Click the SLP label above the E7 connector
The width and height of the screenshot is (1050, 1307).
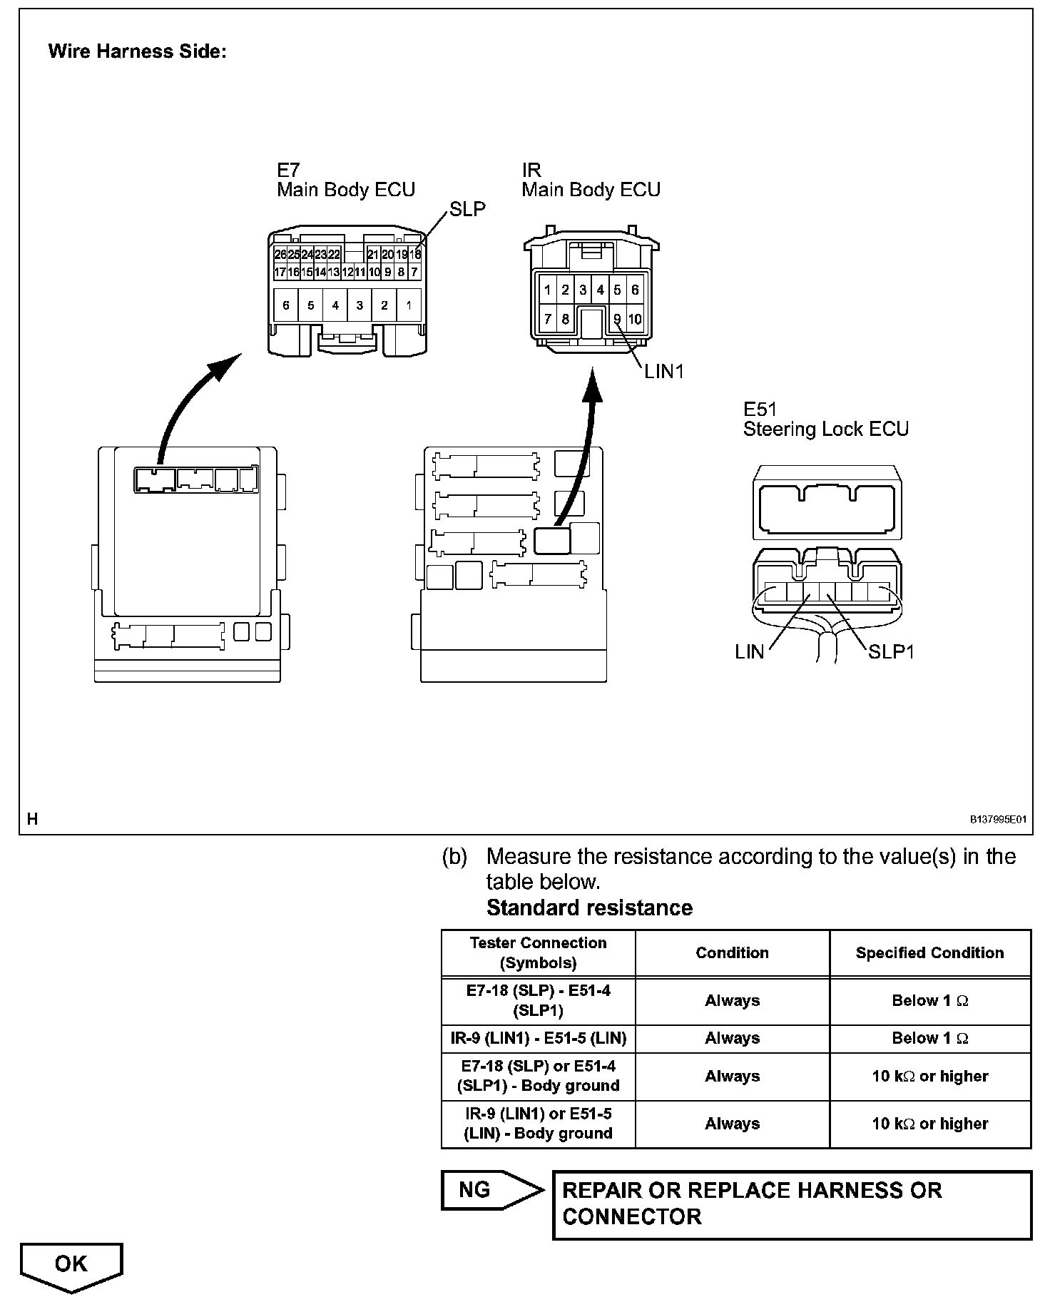(x=467, y=209)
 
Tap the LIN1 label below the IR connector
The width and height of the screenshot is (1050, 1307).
(x=663, y=371)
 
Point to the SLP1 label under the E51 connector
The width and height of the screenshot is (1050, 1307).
(x=891, y=651)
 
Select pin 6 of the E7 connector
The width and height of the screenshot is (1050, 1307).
(x=286, y=305)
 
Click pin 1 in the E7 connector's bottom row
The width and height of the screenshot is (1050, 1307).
(x=409, y=305)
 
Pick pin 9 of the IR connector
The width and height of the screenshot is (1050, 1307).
(x=617, y=319)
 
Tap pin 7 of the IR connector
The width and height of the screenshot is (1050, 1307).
(x=547, y=319)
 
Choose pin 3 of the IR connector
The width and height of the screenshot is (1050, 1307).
(x=583, y=290)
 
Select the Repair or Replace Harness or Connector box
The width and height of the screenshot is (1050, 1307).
(x=792, y=1204)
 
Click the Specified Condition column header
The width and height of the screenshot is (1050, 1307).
(x=929, y=952)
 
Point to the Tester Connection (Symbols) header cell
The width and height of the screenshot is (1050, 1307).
(x=539, y=952)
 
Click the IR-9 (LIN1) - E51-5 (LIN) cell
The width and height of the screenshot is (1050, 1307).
(x=539, y=1038)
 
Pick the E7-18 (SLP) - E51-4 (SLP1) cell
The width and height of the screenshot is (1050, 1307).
(x=539, y=1000)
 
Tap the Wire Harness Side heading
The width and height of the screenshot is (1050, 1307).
(x=137, y=51)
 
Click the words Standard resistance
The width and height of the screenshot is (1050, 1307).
(x=589, y=907)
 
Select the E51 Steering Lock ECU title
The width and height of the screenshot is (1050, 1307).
(x=825, y=419)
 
